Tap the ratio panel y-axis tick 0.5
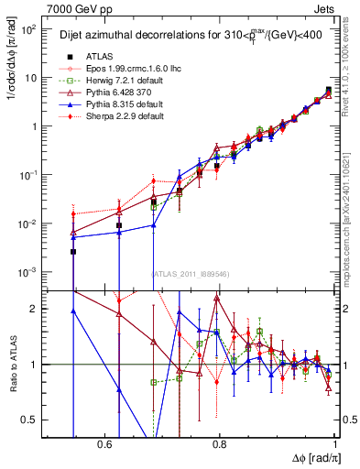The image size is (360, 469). click(x=31, y=420)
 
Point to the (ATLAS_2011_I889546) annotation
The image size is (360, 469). click(x=191, y=274)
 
